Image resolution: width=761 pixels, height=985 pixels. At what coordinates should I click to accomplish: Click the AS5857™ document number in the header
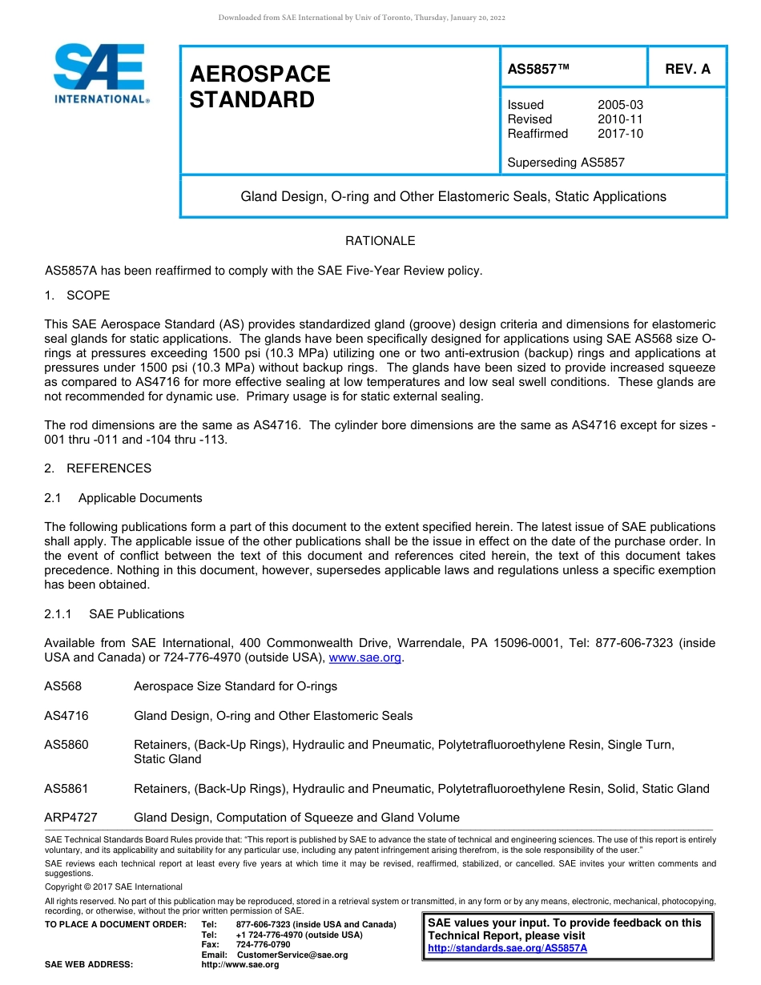pos(538,69)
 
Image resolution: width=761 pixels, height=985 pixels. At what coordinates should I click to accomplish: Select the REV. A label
pos(687,69)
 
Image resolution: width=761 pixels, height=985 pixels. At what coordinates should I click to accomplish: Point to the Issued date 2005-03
pos(620,105)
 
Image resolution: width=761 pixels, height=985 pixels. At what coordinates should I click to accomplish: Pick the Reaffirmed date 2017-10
pos(620,134)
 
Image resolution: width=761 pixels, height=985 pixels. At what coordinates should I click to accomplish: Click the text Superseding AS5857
pos(566,163)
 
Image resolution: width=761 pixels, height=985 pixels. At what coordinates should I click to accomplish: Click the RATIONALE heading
pos(380,241)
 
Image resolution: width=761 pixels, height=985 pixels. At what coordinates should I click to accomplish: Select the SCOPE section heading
pos(88,295)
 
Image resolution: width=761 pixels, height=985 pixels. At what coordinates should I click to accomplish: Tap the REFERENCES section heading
pos(109,468)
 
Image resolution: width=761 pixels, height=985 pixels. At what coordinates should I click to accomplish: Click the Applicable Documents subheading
pos(140,498)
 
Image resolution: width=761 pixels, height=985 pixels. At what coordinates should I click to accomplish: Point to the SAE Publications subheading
pos(136,614)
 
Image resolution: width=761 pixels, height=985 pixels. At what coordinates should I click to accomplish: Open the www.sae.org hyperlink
pos(364,658)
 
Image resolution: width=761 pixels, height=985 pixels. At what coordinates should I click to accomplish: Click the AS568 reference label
pos(62,686)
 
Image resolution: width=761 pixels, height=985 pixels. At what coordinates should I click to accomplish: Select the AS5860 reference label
pos(66,745)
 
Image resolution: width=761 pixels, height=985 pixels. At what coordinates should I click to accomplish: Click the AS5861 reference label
pos(66,789)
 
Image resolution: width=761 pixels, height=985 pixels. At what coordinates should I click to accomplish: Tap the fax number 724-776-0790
pos(263,945)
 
